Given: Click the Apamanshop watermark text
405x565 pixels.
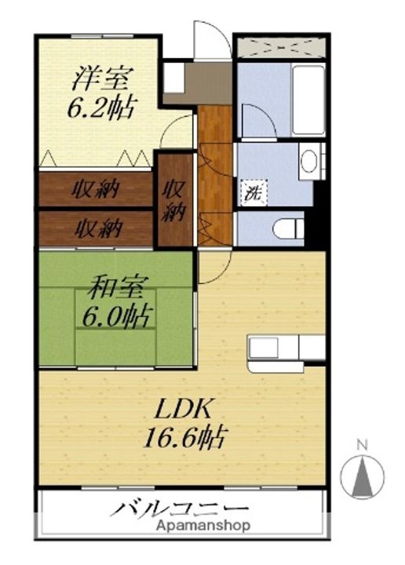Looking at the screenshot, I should pyautogui.click(x=202, y=526).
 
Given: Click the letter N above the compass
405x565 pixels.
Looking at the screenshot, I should pyautogui.click(x=362, y=445).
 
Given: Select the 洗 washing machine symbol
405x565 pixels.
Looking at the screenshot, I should pyautogui.click(x=253, y=191).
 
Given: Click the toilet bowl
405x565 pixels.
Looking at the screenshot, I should pyautogui.click(x=288, y=229).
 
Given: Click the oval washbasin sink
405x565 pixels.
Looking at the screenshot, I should pyautogui.click(x=309, y=162).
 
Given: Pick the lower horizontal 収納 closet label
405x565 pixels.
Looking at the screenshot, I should pyautogui.click(x=97, y=228).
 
